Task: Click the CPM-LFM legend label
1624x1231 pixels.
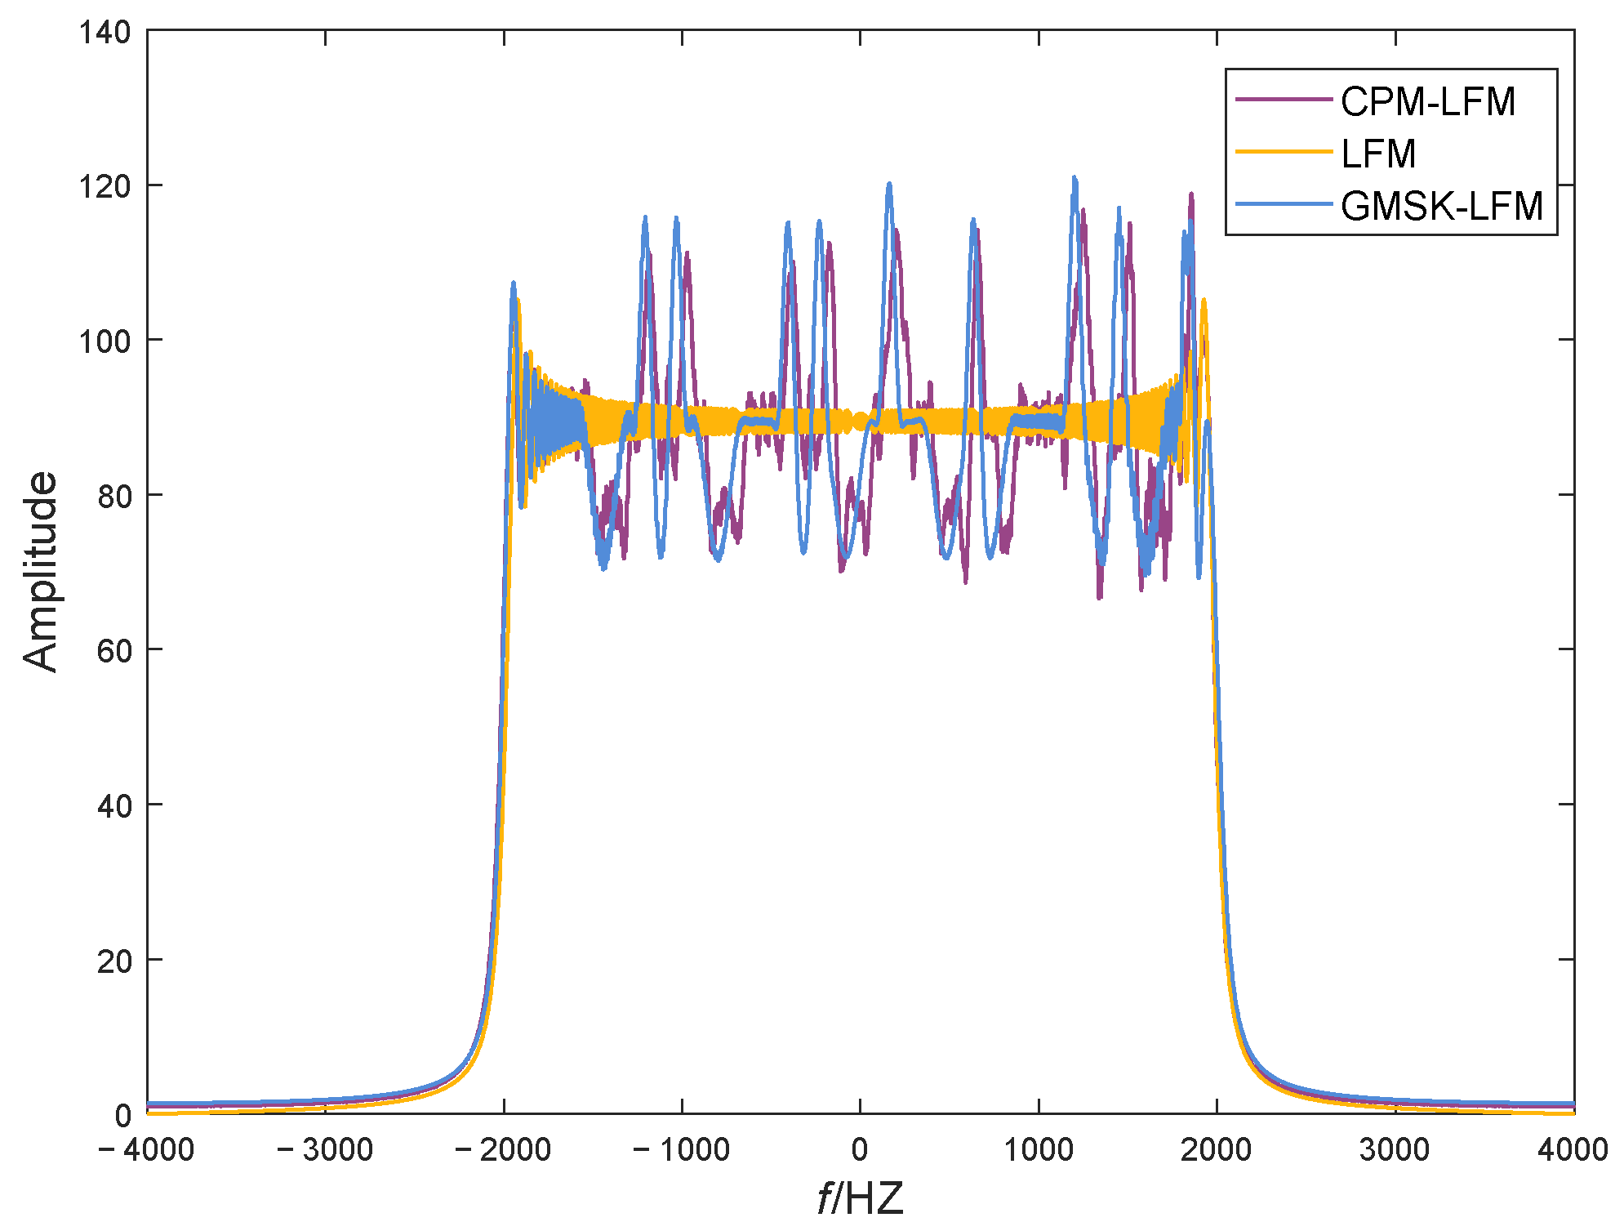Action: (x=1427, y=102)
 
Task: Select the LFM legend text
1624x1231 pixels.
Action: (x=1378, y=154)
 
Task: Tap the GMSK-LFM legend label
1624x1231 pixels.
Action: (x=1441, y=206)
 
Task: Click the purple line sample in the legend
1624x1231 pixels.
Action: (x=1283, y=100)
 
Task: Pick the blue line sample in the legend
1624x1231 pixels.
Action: (x=1283, y=204)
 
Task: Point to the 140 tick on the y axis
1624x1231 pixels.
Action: (x=105, y=33)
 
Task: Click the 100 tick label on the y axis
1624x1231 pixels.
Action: (x=105, y=341)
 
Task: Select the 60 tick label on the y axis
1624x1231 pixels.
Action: (x=113, y=651)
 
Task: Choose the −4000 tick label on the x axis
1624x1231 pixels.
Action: (x=146, y=1150)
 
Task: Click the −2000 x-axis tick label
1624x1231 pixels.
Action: (x=503, y=1150)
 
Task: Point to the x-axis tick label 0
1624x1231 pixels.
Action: (x=860, y=1150)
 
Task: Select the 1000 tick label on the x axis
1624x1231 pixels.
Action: (x=1038, y=1150)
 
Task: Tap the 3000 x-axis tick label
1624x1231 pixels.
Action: (x=1395, y=1150)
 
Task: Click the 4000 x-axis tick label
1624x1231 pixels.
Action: (x=1573, y=1150)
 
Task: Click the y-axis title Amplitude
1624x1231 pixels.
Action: (x=41, y=572)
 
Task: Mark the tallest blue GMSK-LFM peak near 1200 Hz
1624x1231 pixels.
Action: (x=1075, y=178)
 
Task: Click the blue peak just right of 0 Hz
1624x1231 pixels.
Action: (x=889, y=185)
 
